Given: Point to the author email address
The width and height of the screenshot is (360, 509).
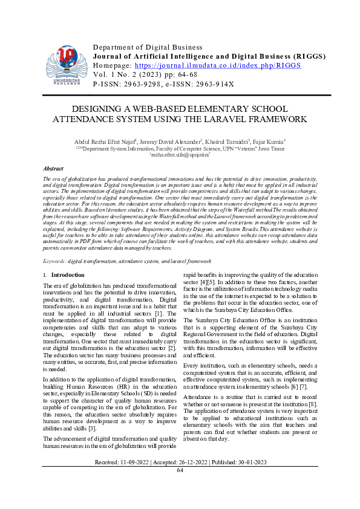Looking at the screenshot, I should tap(180, 155).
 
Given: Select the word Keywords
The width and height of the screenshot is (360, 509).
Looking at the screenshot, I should tap(56, 261).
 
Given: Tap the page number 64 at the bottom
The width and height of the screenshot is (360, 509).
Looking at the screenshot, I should tap(180, 470).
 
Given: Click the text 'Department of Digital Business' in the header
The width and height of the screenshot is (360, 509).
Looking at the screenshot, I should tap(147, 47).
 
